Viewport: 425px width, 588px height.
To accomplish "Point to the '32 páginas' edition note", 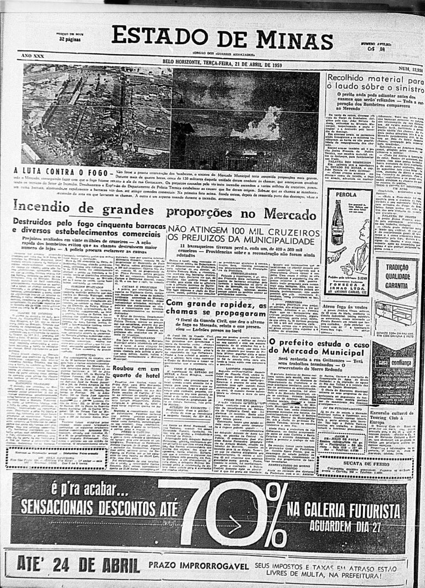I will [x=70, y=39].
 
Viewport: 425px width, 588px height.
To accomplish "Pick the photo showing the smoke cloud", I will [x=245, y=121].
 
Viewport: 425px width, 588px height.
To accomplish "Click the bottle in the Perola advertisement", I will [x=336, y=222].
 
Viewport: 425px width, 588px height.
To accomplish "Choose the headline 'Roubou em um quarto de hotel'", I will [x=137, y=371].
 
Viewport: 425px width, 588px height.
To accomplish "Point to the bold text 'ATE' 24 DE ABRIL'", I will [x=78, y=565].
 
